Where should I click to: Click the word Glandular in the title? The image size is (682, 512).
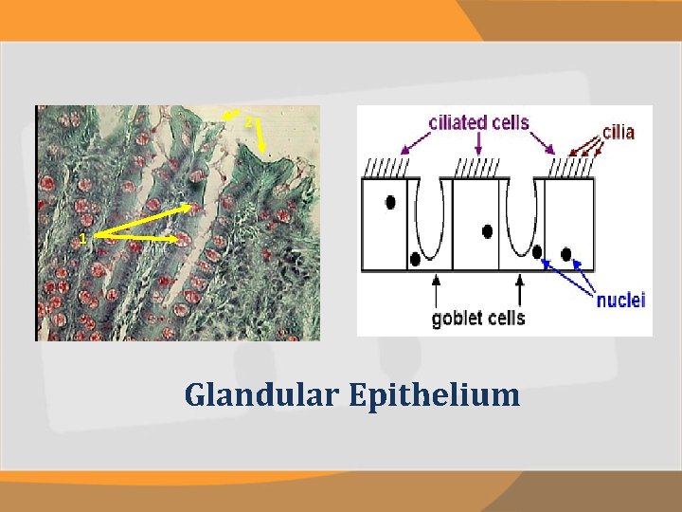click(x=260, y=394)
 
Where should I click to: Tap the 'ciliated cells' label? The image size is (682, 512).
click(x=478, y=122)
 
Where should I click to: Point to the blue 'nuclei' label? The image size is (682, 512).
click(x=620, y=301)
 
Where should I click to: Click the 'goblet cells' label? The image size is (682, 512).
click(x=478, y=318)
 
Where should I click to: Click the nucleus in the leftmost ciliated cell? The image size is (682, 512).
click(x=388, y=202)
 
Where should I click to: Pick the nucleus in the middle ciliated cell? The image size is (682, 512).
click(x=487, y=230)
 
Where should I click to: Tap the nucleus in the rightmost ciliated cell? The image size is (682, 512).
click(x=566, y=253)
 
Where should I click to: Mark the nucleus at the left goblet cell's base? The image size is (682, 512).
click(x=415, y=259)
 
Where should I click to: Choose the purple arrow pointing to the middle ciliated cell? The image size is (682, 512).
click(x=478, y=144)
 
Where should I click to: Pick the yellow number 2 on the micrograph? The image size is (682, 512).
click(x=248, y=123)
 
